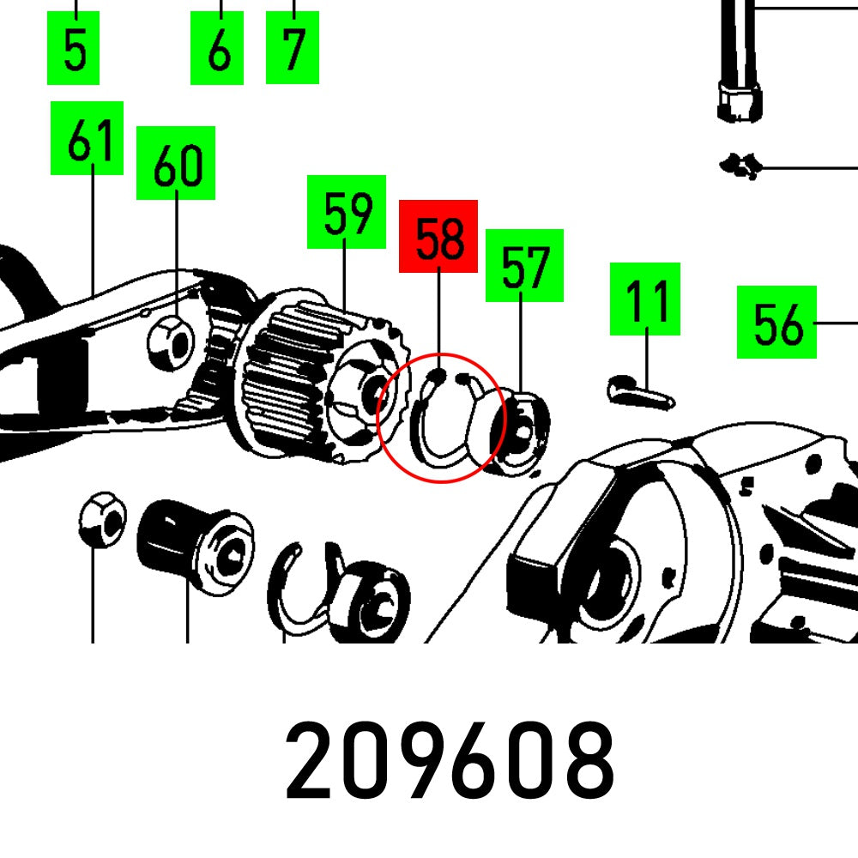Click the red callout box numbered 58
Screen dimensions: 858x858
coord(438,236)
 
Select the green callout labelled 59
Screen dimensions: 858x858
coord(347,212)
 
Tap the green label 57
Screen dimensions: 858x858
coord(524,265)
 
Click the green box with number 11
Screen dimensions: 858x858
coord(645,299)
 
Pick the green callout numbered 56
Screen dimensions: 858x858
coord(776,323)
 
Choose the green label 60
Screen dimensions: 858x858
coord(176,163)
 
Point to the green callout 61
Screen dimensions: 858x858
coord(87,138)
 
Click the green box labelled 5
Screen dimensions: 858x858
coord(73,47)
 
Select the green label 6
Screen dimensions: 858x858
coord(217,47)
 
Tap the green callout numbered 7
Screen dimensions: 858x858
coord(293,47)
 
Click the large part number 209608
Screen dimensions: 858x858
coord(450,760)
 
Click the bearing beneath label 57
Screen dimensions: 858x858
coord(520,432)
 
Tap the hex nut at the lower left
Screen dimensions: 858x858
coord(102,519)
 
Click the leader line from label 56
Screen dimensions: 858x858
coord(836,323)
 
